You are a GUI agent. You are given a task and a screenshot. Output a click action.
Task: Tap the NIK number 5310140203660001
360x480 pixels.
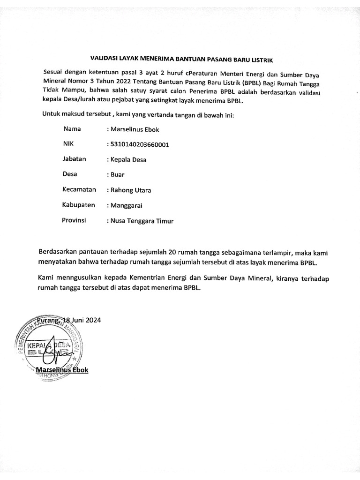coord(139,144)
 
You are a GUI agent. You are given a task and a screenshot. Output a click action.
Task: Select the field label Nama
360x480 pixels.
coord(72,128)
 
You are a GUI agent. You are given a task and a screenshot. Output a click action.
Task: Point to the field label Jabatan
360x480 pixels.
coord(75,159)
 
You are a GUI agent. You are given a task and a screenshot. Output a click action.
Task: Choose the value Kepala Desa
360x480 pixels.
coord(128,160)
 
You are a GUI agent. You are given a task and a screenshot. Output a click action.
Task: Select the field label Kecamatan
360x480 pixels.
coord(79,189)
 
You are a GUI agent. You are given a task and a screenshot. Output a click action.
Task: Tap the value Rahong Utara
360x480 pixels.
coord(130,190)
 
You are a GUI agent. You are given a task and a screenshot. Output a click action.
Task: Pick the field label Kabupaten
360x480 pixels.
coord(79,205)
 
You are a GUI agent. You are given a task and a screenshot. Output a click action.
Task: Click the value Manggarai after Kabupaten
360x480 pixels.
coord(127,206)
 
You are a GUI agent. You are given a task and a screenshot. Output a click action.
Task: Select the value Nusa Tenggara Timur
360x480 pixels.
coord(141,221)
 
